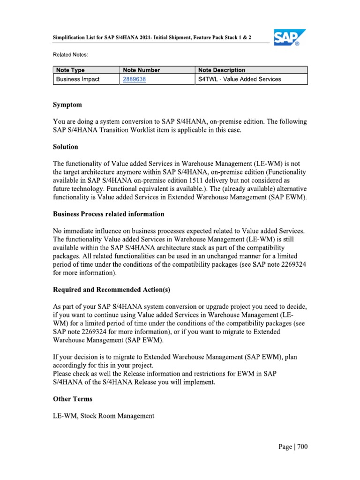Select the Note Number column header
142,70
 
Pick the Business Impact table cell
78,79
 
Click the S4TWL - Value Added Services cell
240,79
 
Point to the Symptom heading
67,105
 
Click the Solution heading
66,147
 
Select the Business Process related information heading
109,214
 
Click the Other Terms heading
73,399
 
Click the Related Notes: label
70,55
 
